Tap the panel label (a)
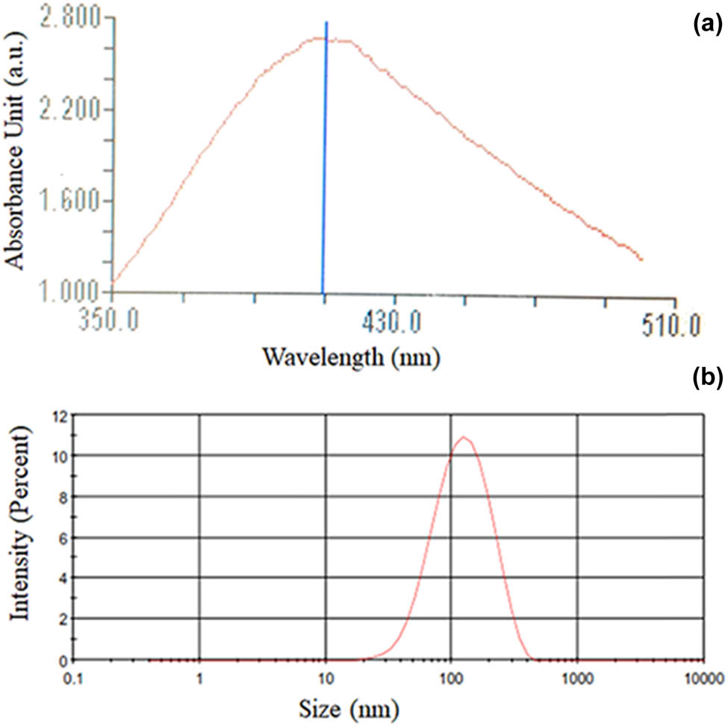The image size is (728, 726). (x=706, y=25)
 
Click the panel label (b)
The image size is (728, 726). (x=706, y=379)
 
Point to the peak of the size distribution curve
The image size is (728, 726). (x=464, y=437)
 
